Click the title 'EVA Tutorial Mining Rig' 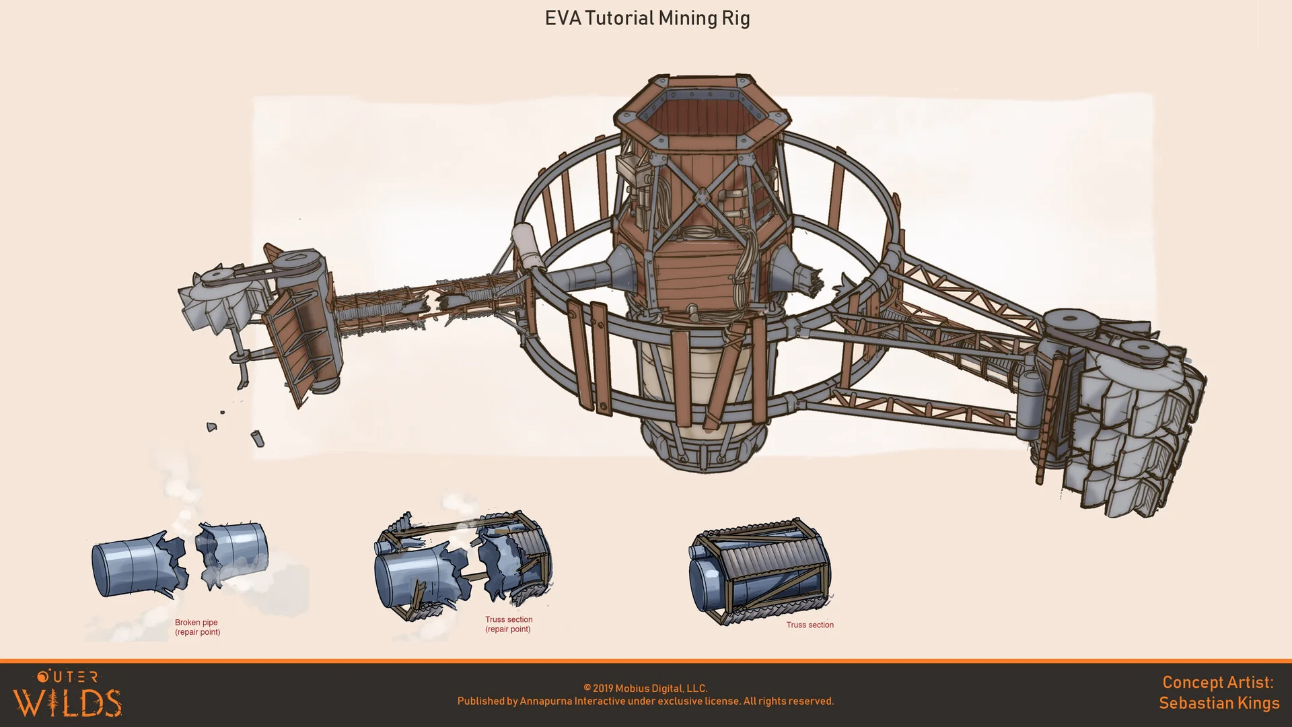647,18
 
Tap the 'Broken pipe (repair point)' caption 197,627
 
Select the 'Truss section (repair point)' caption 509,625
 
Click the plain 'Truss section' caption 810,625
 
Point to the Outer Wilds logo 67,693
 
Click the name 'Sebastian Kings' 1219,703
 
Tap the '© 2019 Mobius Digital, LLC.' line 645,688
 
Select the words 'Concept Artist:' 1218,682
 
